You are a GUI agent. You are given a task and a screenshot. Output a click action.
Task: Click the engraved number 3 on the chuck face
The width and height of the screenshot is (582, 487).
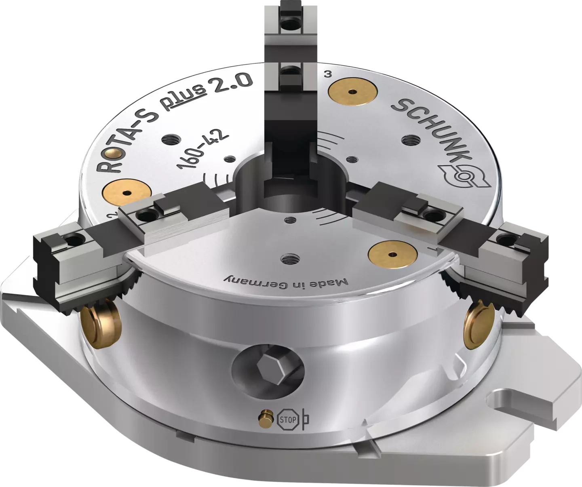[328, 74]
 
